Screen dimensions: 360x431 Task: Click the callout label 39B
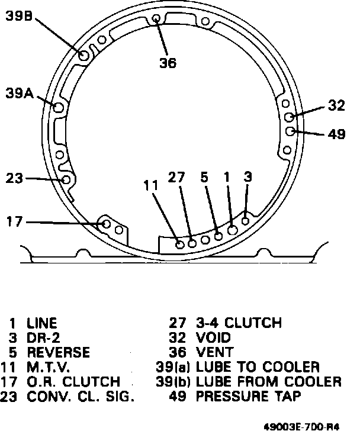pos(19,15)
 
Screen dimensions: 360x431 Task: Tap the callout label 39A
pos(19,93)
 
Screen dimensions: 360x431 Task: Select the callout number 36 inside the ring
pos(168,63)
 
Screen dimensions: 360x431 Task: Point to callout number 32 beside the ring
pos(336,105)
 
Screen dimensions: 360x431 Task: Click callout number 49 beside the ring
pos(336,134)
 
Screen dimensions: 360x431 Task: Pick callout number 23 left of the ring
pos(14,178)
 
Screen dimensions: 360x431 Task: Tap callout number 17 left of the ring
pos(14,221)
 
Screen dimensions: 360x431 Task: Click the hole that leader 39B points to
pos(83,56)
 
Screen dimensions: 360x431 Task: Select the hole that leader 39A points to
pos(58,107)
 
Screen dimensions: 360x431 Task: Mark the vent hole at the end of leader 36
pos(156,19)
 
